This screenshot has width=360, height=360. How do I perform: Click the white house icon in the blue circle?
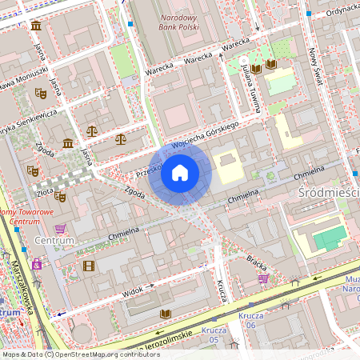(x=180, y=172)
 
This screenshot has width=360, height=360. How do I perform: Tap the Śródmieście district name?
(x=328, y=193)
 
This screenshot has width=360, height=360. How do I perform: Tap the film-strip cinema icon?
(x=89, y=266)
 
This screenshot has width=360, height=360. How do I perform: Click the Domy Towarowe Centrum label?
(x=29, y=216)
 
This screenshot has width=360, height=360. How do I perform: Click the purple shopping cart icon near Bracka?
(x=263, y=278)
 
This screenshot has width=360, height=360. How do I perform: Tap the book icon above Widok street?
(x=166, y=314)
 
